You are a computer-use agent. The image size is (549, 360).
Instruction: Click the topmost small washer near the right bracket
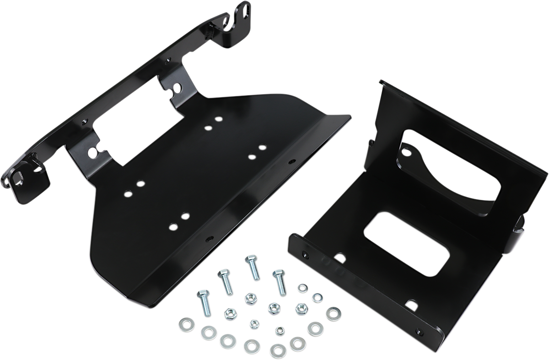302,289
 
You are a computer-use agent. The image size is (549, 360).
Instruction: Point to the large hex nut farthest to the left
230,314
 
